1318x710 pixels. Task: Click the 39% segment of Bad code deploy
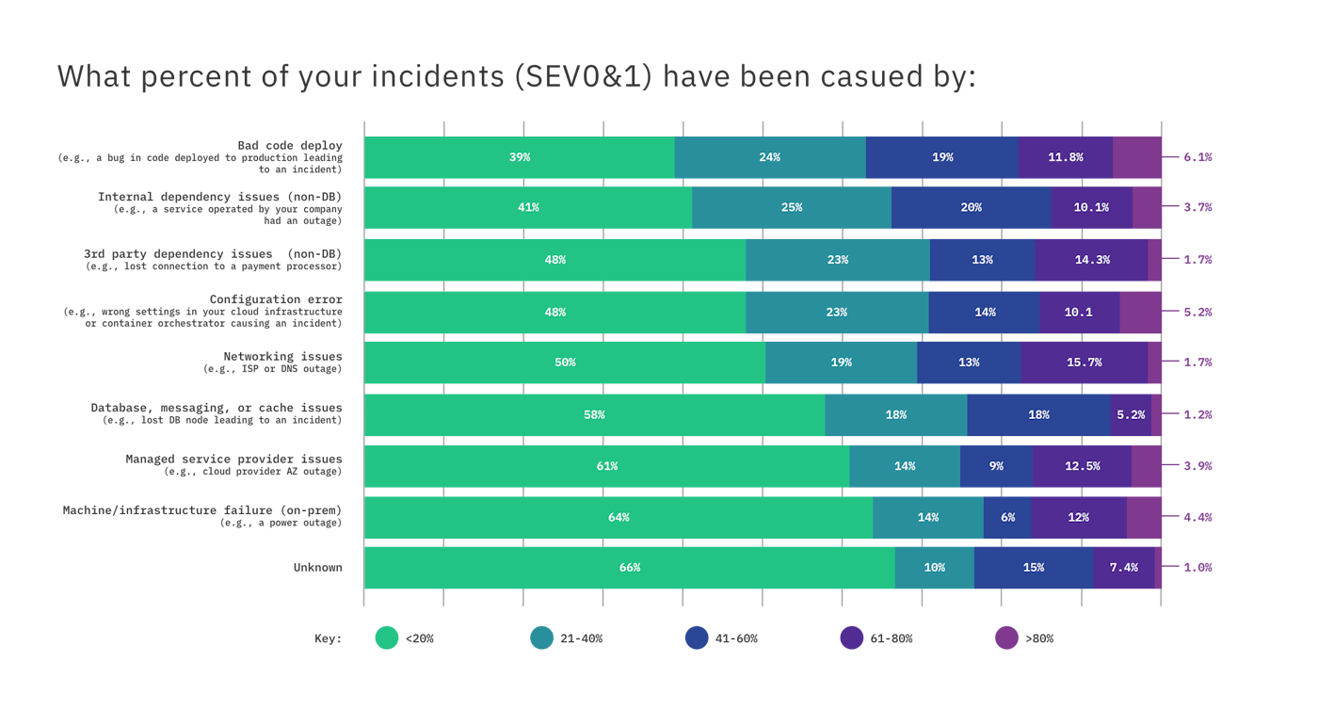coord(520,157)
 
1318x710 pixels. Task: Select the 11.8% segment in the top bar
coord(1065,157)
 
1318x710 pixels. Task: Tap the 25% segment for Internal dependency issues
coord(792,207)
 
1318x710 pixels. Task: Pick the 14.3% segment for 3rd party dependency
coord(1091,260)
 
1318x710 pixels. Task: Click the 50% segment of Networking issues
coord(565,363)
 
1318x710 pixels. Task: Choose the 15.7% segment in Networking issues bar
coord(1084,363)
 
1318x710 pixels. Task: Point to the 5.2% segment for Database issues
coord(1131,414)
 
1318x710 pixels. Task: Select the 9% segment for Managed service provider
coord(996,466)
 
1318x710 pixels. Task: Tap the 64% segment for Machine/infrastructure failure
coord(619,517)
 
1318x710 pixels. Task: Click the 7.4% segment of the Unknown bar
coord(1124,568)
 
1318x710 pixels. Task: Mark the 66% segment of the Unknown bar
coord(630,568)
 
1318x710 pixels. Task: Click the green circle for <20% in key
coord(387,638)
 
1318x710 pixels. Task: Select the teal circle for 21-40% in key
coord(541,638)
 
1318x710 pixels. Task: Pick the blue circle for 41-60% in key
coord(697,638)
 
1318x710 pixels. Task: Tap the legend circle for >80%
coord(1006,638)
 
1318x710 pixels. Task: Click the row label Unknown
coord(317,568)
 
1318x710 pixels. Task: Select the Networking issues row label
coord(282,357)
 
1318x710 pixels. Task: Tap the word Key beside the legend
coord(328,638)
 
